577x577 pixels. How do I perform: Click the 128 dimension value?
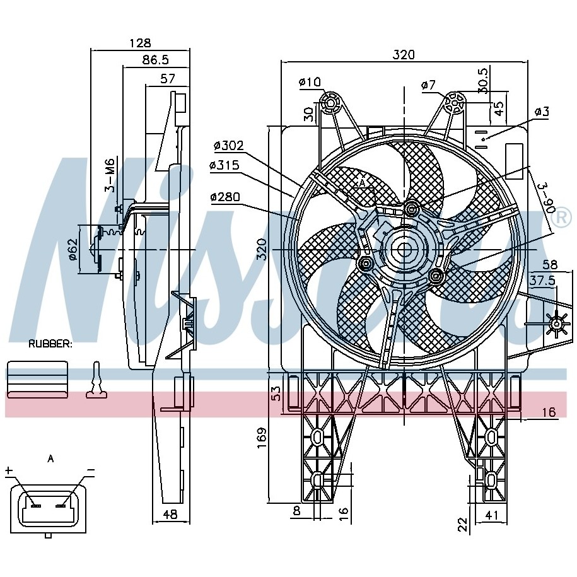click(x=140, y=43)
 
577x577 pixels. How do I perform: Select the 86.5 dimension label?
click(x=156, y=60)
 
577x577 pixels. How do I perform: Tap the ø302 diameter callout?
click(x=228, y=146)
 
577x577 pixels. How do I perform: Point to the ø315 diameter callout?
click(x=224, y=165)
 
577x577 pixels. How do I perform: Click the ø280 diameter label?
click(x=225, y=197)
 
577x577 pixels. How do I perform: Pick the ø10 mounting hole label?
click(x=310, y=82)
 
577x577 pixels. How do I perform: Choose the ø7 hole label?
click(x=428, y=85)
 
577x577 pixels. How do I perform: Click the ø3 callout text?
click(x=542, y=111)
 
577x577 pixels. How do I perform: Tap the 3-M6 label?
click(x=110, y=175)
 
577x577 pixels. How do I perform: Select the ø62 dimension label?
click(x=73, y=249)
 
